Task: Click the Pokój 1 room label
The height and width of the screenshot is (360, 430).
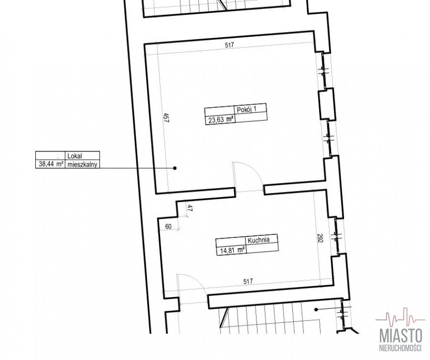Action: click(x=246, y=109)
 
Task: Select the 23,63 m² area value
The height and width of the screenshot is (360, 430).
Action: click(x=221, y=119)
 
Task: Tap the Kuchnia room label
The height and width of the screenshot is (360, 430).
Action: click(x=258, y=240)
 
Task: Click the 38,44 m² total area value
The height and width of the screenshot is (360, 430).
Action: click(x=51, y=164)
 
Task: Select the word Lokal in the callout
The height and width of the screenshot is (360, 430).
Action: click(x=75, y=156)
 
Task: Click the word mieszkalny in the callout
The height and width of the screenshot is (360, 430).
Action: click(x=82, y=164)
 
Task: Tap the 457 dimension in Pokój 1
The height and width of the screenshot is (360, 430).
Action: click(x=166, y=118)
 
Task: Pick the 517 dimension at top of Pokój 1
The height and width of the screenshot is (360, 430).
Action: click(x=229, y=45)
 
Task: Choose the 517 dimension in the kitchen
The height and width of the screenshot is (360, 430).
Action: click(x=247, y=281)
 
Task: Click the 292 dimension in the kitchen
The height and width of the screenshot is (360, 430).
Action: click(x=320, y=238)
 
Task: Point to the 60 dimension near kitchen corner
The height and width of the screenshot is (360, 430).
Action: click(x=168, y=227)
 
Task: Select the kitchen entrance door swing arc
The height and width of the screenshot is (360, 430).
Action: click(x=196, y=279)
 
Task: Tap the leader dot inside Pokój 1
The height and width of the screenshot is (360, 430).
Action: click(x=175, y=168)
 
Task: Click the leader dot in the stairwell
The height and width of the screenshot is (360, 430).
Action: click(x=316, y=309)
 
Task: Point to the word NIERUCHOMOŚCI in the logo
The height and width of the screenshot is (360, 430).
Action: click(x=401, y=348)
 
